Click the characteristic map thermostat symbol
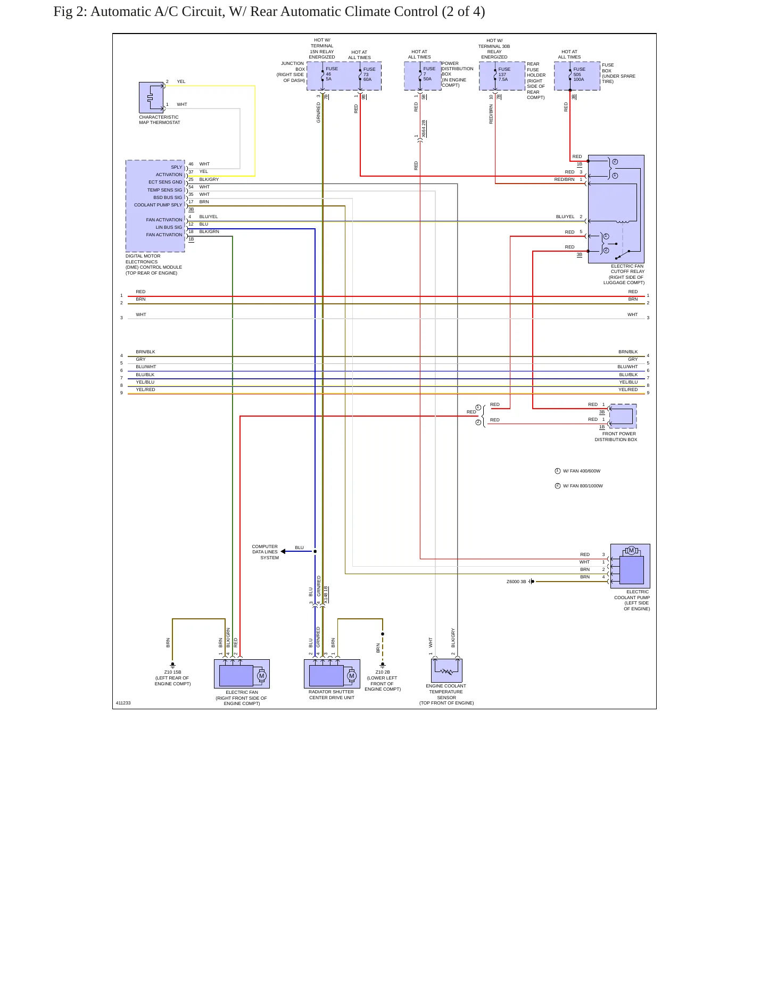(151, 97)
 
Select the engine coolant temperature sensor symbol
(446, 670)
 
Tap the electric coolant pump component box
(630, 566)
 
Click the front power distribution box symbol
(623, 416)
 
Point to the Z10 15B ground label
(172, 672)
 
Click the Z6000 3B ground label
(516, 582)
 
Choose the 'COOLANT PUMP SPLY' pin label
(158, 205)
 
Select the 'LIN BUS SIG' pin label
(169, 227)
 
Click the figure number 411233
(123, 703)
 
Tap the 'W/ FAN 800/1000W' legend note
(583, 486)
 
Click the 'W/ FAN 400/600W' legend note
(582, 471)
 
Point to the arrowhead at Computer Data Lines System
(283, 551)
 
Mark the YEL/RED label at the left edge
(145, 389)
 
